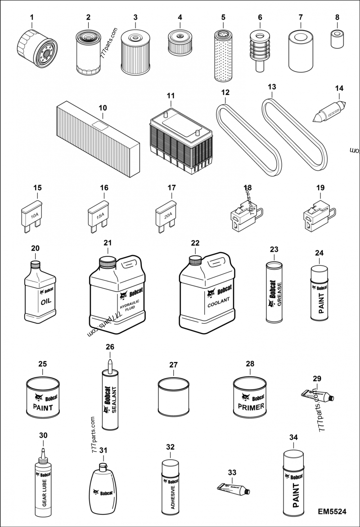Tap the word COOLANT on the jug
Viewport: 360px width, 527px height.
219,299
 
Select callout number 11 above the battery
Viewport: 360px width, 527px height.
170,96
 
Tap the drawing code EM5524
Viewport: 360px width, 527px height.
332,512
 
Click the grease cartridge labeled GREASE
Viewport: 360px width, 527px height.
275,293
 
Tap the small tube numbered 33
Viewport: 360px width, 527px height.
233,488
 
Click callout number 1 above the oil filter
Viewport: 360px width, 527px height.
32,18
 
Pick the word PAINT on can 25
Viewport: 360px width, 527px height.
43,408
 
